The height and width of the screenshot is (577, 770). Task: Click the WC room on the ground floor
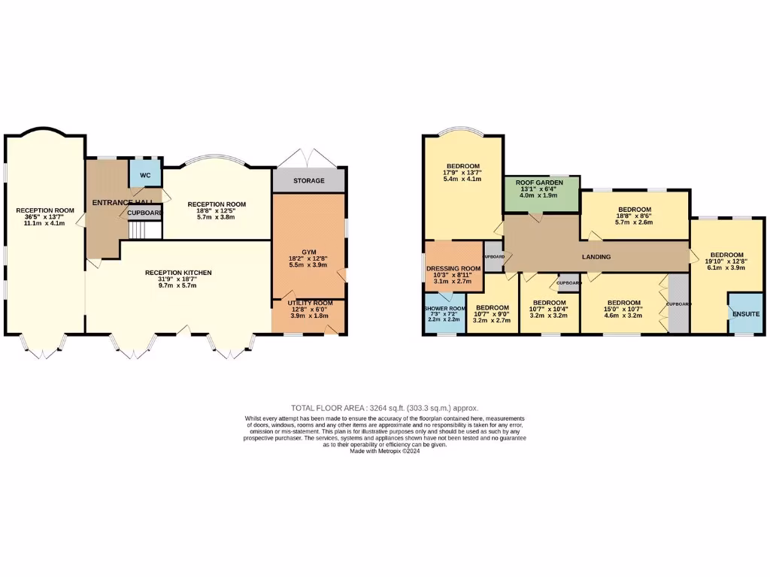(145, 174)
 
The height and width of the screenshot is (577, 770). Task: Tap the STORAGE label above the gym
(309, 181)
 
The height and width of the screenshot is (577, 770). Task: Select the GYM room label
(309, 250)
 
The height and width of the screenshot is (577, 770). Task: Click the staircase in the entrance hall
(142, 231)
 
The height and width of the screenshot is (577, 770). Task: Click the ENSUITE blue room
(746, 313)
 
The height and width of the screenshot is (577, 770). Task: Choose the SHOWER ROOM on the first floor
(444, 314)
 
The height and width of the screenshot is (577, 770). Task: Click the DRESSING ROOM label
(453, 268)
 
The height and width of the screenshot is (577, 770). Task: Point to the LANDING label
(596, 257)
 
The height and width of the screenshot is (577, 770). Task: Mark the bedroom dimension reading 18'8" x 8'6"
(634, 216)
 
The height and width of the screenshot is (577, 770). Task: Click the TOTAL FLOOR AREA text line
(384, 408)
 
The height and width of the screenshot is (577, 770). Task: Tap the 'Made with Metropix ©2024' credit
(384, 451)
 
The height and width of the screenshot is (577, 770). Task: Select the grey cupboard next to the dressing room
(493, 256)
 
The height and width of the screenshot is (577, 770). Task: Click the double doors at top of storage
(309, 159)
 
